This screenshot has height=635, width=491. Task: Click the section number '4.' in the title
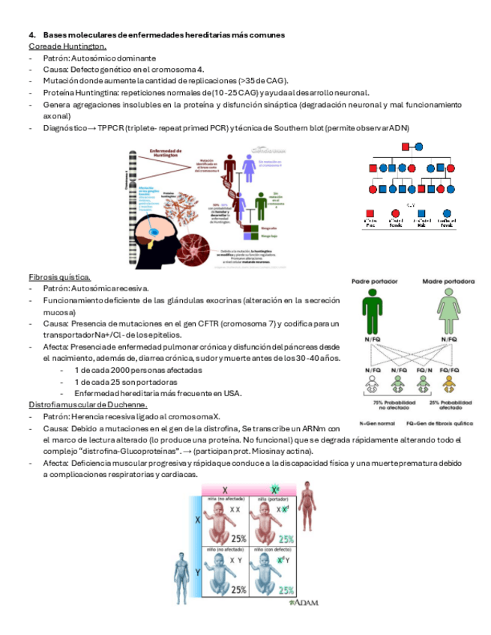point(32,35)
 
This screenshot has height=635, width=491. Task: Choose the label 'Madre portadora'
point(449,282)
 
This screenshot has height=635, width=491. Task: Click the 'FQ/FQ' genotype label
point(450,370)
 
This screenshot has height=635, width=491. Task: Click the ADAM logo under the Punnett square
point(306,601)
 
